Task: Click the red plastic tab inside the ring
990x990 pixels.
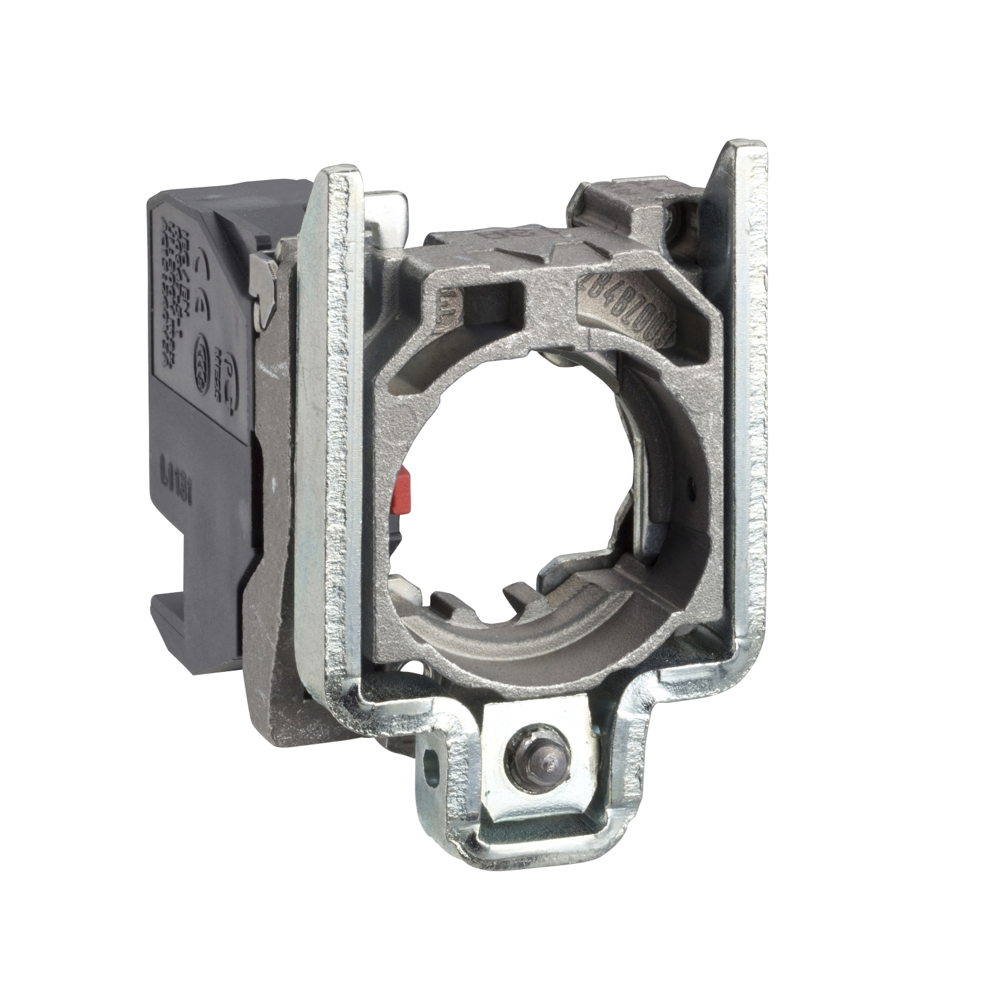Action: pyautogui.click(x=403, y=487)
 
